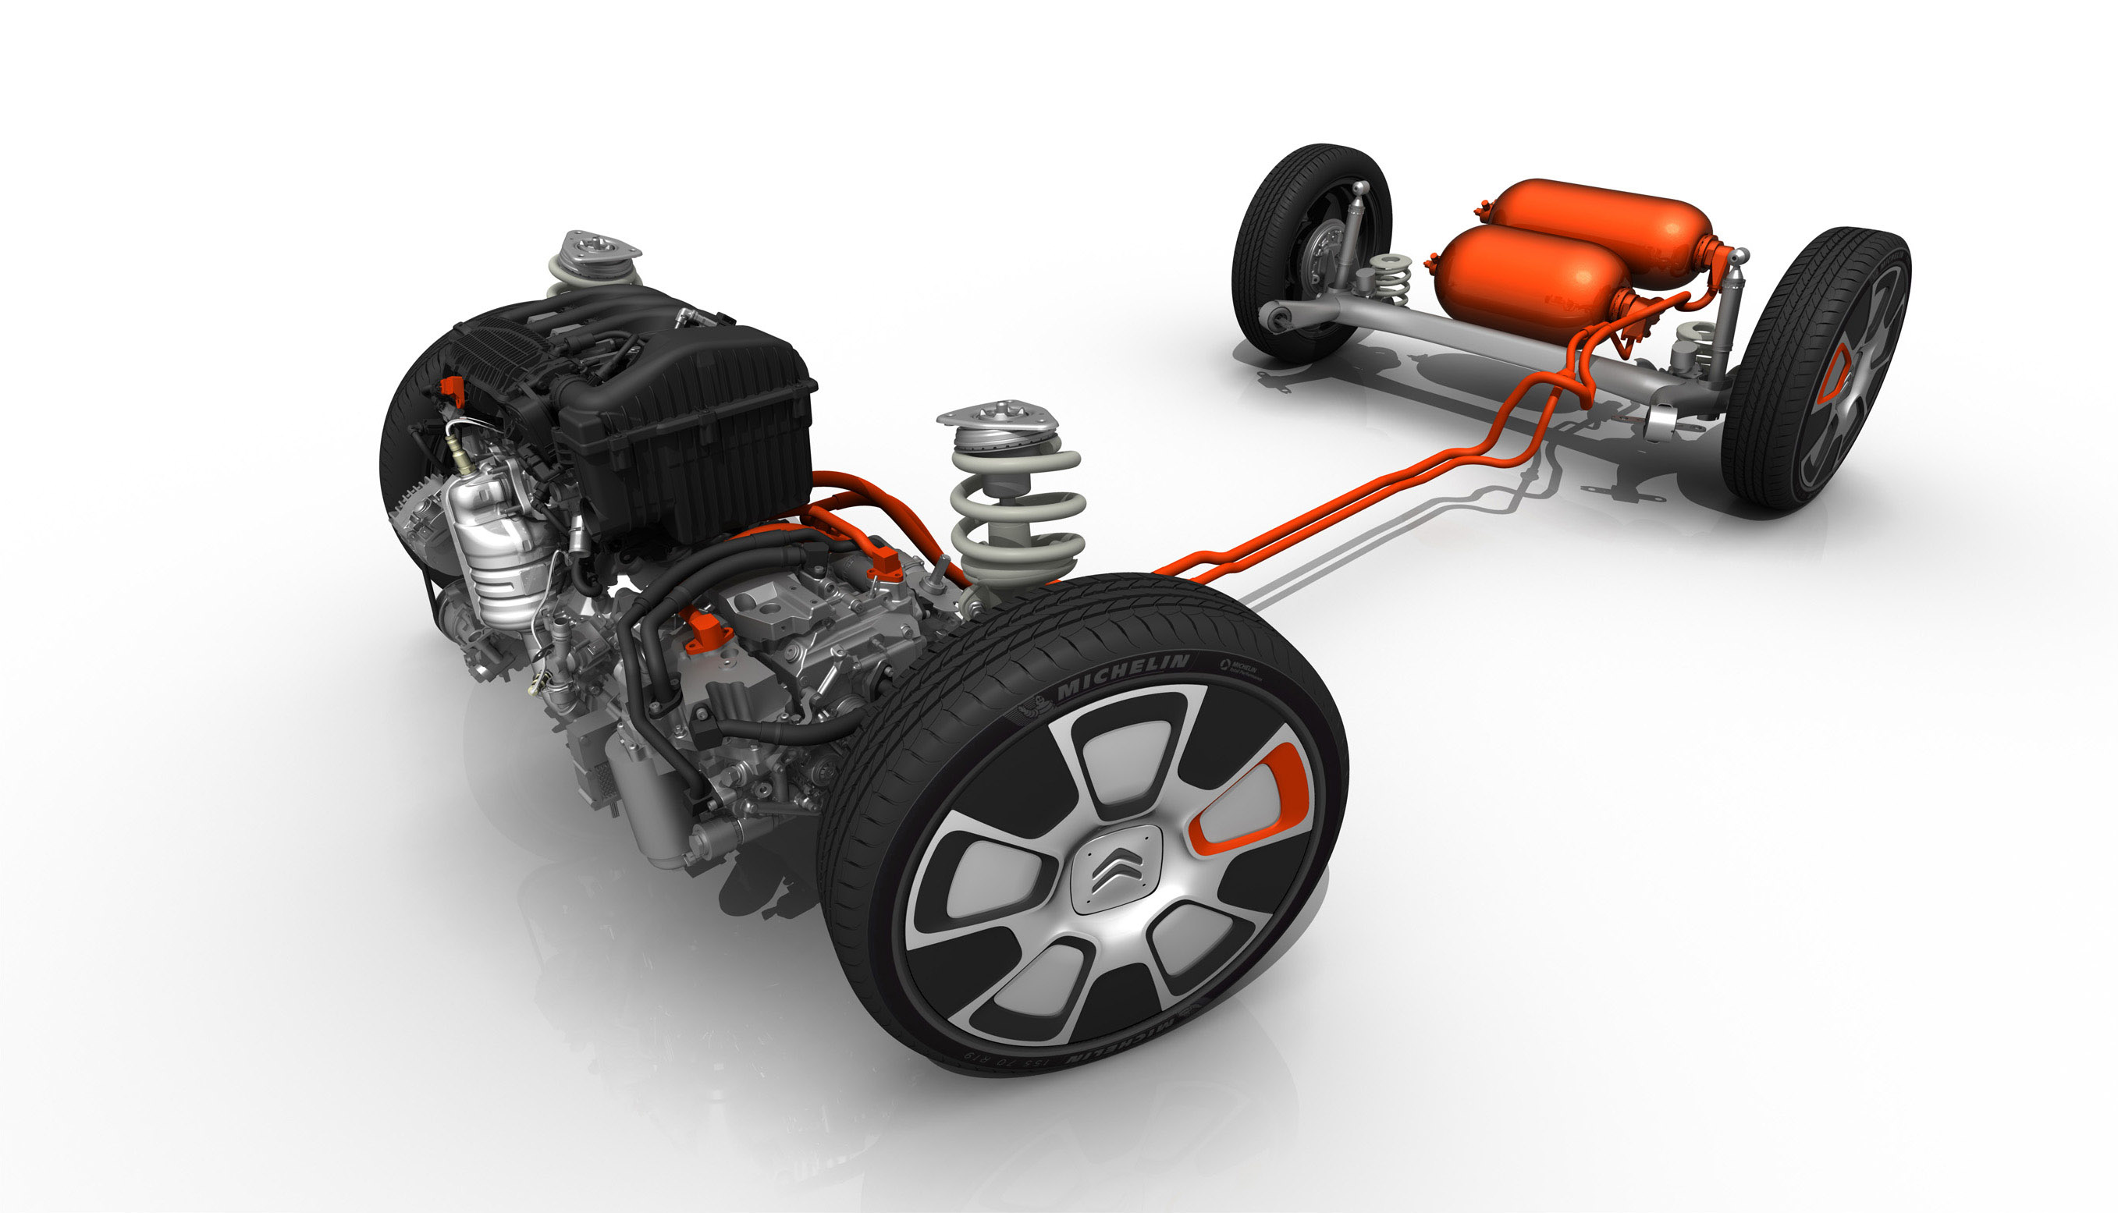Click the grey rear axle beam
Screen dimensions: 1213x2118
click(x=1483, y=342)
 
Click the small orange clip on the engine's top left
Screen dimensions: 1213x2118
click(x=453, y=388)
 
